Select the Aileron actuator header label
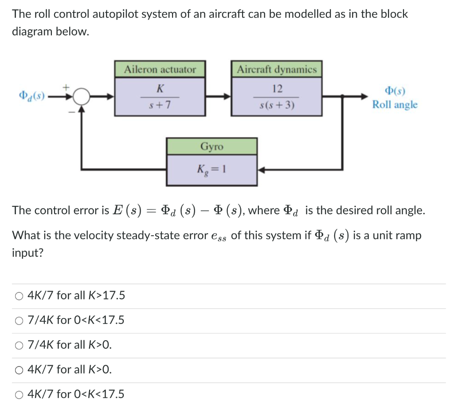pyautogui.click(x=160, y=70)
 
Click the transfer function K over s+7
pyautogui.click(x=160, y=97)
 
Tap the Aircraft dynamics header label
pyautogui.click(x=277, y=70)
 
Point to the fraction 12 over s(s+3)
pyautogui.click(x=277, y=97)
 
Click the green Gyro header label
pyautogui.click(x=212, y=146)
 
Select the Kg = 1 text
pyautogui.click(x=212, y=169)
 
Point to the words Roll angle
pyautogui.click(x=395, y=105)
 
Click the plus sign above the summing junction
pyautogui.click(x=67, y=87)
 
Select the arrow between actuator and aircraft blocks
pyautogui.click(x=217, y=96)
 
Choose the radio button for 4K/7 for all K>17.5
pyautogui.click(x=19, y=295)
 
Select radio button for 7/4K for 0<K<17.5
pyautogui.click(x=19, y=320)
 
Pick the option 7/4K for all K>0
pyautogui.click(x=19, y=345)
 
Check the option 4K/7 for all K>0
pyautogui.click(x=19, y=369)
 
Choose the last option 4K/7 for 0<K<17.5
pyautogui.click(x=19, y=394)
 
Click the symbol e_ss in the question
pyautogui.click(x=219, y=236)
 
